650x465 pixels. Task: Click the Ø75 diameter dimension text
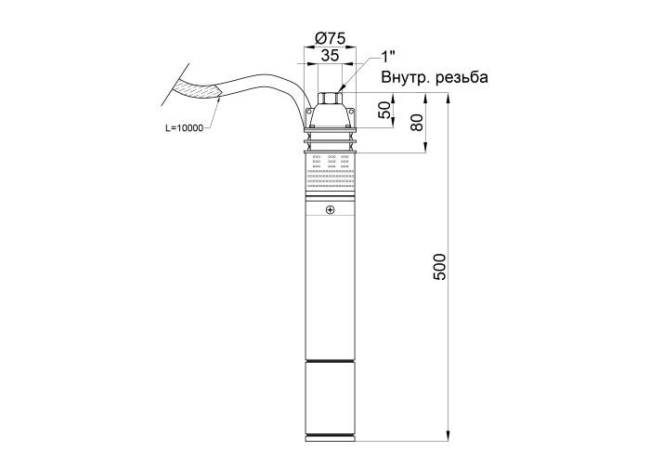[x=331, y=38]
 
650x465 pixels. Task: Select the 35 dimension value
[x=330, y=55]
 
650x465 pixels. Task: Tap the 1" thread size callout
[x=388, y=56]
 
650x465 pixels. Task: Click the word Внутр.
[x=407, y=77]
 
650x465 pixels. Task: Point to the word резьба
[x=462, y=77]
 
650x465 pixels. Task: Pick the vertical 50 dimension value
[x=385, y=110]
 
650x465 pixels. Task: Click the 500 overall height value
[x=439, y=267]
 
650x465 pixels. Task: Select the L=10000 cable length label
[x=185, y=128]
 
